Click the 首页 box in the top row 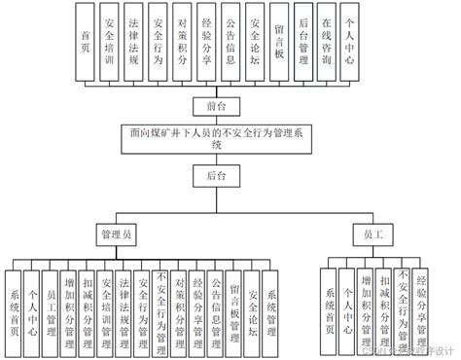click(x=89, y=42)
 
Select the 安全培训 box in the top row click(x=113, y=42)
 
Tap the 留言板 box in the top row click(x=279, y=42)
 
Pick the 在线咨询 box click(x=327, y=42)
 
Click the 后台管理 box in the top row click(x=303, y=42)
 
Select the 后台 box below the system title click(x=216, y=176)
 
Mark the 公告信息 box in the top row click(x=231, y=42)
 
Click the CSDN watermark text click(x=412, y=351)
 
